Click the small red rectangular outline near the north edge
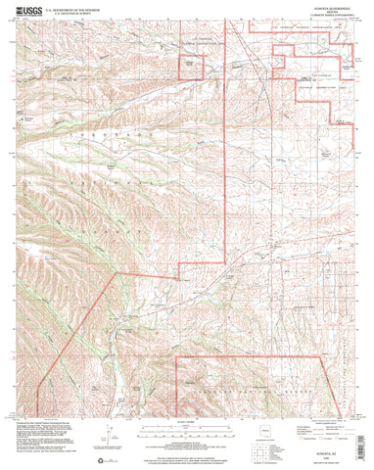coord(191,65)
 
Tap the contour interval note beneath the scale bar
coord(186,421)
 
